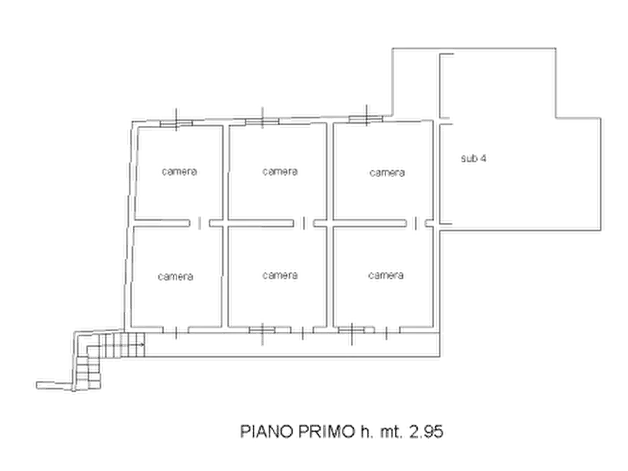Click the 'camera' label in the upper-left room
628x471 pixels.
pos(179,172)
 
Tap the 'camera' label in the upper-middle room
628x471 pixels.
pos(280,172)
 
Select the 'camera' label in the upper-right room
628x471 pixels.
pos(387,173)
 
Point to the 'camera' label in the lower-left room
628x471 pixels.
pos(175,276)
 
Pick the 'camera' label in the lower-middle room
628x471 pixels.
pos(280,275)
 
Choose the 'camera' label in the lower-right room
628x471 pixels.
pos(385,275)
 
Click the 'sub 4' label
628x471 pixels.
pos(473,158)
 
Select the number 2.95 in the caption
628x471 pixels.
pos(426,432)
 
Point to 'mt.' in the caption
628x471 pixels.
pos(391,432)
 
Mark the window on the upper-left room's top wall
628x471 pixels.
pos(177,123)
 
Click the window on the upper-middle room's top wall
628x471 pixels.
pos(262,121)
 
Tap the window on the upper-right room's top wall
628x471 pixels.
pos(366,119)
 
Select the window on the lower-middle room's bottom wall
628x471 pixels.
pos(262,330)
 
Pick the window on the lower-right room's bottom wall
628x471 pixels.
pos(352,330)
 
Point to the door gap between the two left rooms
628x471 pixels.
pos(200,223)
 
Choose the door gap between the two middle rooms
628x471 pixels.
pos(304,223)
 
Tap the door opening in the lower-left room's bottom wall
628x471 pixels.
pos(175,330)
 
